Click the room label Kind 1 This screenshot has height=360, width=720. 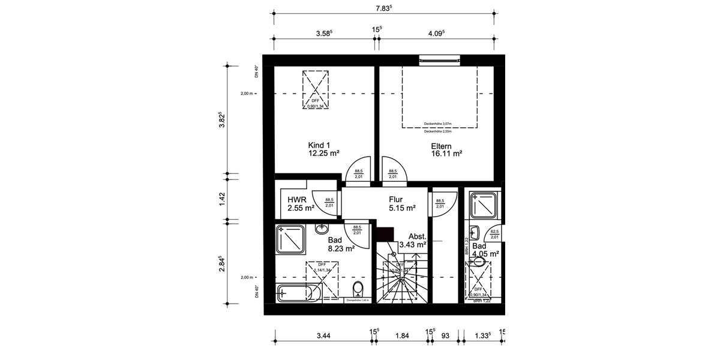320,145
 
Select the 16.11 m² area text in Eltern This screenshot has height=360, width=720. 446,154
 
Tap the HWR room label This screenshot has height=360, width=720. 297,200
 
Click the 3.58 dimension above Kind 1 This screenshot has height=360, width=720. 325,34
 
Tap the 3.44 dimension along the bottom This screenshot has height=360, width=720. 323,335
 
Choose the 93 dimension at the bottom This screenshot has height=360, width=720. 445,335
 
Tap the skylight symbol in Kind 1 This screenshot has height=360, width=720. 316,89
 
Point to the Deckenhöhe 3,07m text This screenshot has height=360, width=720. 437,124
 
